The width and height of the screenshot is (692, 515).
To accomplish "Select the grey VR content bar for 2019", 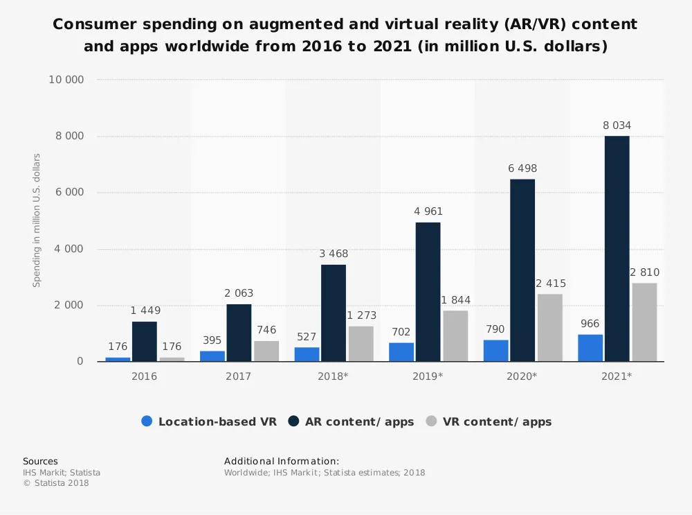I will [455, 335].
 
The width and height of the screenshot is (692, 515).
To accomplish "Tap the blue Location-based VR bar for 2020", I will [495, 350].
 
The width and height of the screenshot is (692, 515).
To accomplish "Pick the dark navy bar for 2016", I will [145, 341].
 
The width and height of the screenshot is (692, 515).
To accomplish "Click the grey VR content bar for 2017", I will [266, 351].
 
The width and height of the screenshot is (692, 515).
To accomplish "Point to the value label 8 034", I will [617, 125].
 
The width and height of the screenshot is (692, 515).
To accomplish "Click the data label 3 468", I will [333, 254].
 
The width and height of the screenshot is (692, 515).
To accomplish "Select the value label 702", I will [401, 332].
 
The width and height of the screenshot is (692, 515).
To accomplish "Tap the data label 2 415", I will [550, 283].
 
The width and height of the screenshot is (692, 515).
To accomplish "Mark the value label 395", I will [212, 340].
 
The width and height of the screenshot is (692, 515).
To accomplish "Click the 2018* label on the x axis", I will [333, 376].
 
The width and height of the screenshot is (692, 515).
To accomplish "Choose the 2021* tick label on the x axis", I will [617, 376].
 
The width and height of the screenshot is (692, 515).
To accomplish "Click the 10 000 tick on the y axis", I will [66, 80].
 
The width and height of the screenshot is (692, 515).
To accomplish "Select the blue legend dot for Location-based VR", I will [147, 421].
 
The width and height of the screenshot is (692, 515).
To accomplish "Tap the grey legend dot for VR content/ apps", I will [431, 421].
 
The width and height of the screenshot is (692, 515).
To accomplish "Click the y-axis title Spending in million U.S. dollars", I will [37, 220].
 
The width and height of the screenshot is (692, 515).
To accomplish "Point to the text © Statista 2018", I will [56, 483].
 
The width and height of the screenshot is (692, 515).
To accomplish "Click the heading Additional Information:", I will [282, 461].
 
